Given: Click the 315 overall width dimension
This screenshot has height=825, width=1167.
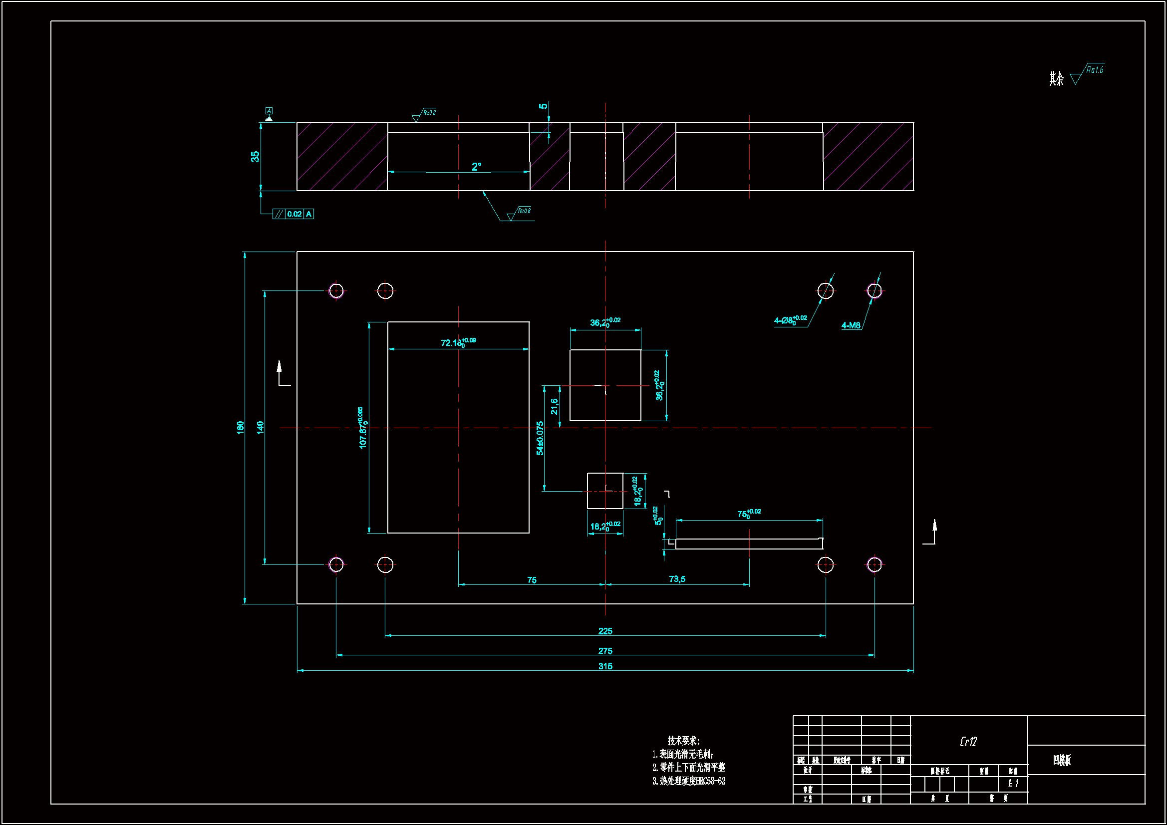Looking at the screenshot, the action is click(x=605, y=666).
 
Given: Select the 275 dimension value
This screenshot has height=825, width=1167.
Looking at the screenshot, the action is click(x=605, y=651).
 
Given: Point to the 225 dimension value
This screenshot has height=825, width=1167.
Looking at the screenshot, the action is click(x=605, y=631).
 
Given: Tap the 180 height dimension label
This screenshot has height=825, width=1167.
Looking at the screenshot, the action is click(x=241, y=427).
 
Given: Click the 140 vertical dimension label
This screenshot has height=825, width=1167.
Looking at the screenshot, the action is click(x=260, y=427).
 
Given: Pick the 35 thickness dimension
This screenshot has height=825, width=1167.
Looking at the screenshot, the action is click(x=255, y=156).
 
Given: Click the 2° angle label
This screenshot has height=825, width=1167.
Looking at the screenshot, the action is click(x=476, y=166).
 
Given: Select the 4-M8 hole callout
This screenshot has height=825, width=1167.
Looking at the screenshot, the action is click(x=851, y=325).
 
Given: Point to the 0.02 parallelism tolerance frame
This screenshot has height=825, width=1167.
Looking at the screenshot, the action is click(x=293, y=214).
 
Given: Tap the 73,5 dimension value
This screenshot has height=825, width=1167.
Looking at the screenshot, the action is click(x=676, y=579).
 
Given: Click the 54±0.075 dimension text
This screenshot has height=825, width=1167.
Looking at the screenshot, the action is click(x=540, y=438).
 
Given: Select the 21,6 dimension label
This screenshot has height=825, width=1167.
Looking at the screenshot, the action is click(x=554, y=406).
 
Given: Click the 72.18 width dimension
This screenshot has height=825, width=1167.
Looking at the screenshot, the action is click(x=457, y=342).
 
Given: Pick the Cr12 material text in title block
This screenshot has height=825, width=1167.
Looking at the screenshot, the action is click(x=968, y=742).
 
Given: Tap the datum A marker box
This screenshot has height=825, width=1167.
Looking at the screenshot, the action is click(x=269, y=111).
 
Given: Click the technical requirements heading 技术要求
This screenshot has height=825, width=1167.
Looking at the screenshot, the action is click(x=683, y=741).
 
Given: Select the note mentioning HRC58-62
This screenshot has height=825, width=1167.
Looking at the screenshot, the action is click(x=689, y=781).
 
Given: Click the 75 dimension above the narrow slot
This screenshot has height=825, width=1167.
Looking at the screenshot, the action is click(x=748, y=514).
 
